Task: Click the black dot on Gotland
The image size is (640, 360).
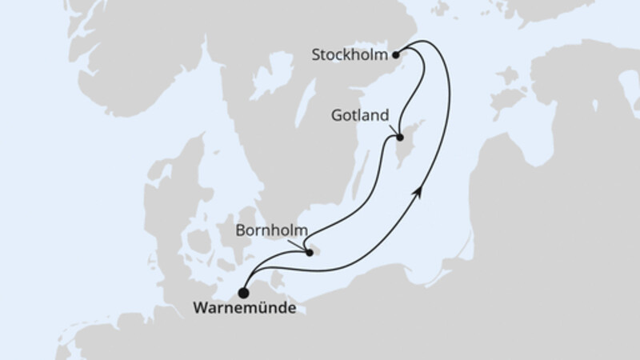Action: coord(398,138)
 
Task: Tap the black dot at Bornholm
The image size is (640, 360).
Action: coord(310,254)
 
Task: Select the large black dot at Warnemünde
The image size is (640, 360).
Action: coord(243,293)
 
